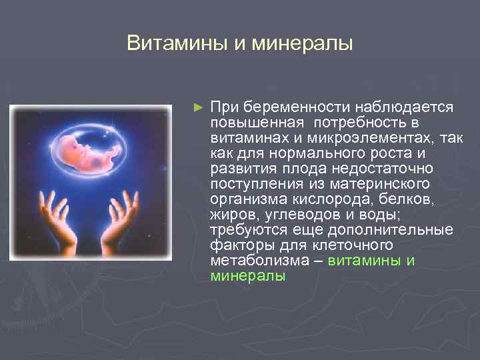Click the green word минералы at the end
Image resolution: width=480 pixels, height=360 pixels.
coord(248,275)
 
